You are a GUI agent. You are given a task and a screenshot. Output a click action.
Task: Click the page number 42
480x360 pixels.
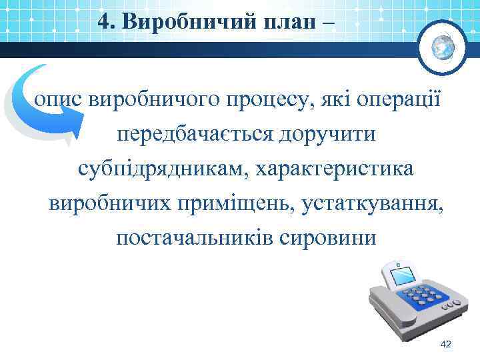pos(447,344)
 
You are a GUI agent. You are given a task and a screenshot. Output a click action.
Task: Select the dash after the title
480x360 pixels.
pos(331,23)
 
